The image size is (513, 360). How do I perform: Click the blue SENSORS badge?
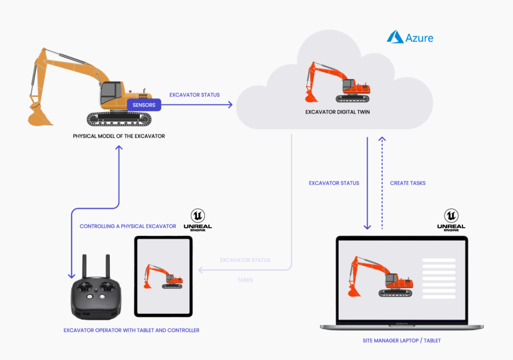coord(144,105)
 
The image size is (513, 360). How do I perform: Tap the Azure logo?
coord(410,37)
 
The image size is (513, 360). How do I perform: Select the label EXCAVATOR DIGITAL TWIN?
coord(337,112)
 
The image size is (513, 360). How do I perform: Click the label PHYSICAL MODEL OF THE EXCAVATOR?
coord(119,136)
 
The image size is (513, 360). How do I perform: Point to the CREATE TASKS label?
coord(407,183)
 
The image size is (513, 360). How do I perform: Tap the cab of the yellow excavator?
coord(112,94)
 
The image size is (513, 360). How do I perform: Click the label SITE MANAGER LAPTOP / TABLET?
coord(402,340)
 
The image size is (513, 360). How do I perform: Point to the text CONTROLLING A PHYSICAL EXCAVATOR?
coord(128,226)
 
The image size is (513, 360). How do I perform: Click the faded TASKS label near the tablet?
coord(245,280)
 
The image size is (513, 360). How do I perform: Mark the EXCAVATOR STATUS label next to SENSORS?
coord(194,95)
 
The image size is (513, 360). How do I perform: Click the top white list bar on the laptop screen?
coord(439,261)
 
